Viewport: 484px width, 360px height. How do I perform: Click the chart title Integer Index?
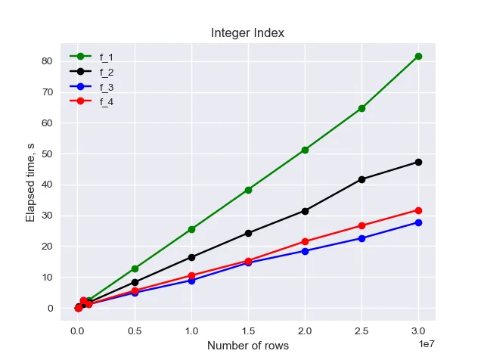pyautogui.click(x=248, y=33)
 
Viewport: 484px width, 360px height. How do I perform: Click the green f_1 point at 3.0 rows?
pyautogui.click(x=418, y=56)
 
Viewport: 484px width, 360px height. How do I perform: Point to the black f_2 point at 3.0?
pyautogui.click(x=418, y=162)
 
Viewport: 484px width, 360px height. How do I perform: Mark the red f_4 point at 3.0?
pyautogui.click(x=418, y=209)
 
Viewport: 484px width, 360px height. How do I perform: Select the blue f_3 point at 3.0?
pyautogui.click(x=418, y=222)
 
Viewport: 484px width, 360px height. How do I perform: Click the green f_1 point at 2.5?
pyautogui.click(x=361, y=108)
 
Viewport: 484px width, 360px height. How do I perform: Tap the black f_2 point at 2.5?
pyautogui.click(x=361, y=179)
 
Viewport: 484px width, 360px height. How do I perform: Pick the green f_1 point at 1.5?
pyautogui.click(x=248, y=190)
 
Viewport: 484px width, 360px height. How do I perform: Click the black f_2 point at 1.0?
pyautogui.click(x=191, y=257)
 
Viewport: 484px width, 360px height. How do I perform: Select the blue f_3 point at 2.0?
pyautogui.click(x=305, y=251)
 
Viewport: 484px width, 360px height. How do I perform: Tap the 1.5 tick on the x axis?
pyautogui.click(x=248, y=331)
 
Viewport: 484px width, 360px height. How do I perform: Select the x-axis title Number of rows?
pyautogui.click(x=248, y=346)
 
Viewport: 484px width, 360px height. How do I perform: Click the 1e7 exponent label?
pyautogui.click(x=425, y=345)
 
